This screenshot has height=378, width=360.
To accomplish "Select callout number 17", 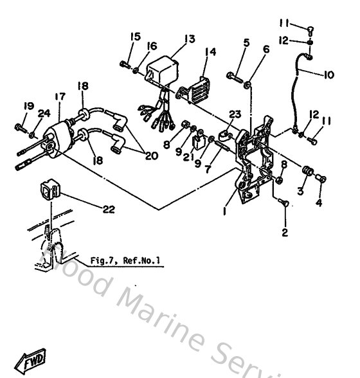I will [x=60, y=97].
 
